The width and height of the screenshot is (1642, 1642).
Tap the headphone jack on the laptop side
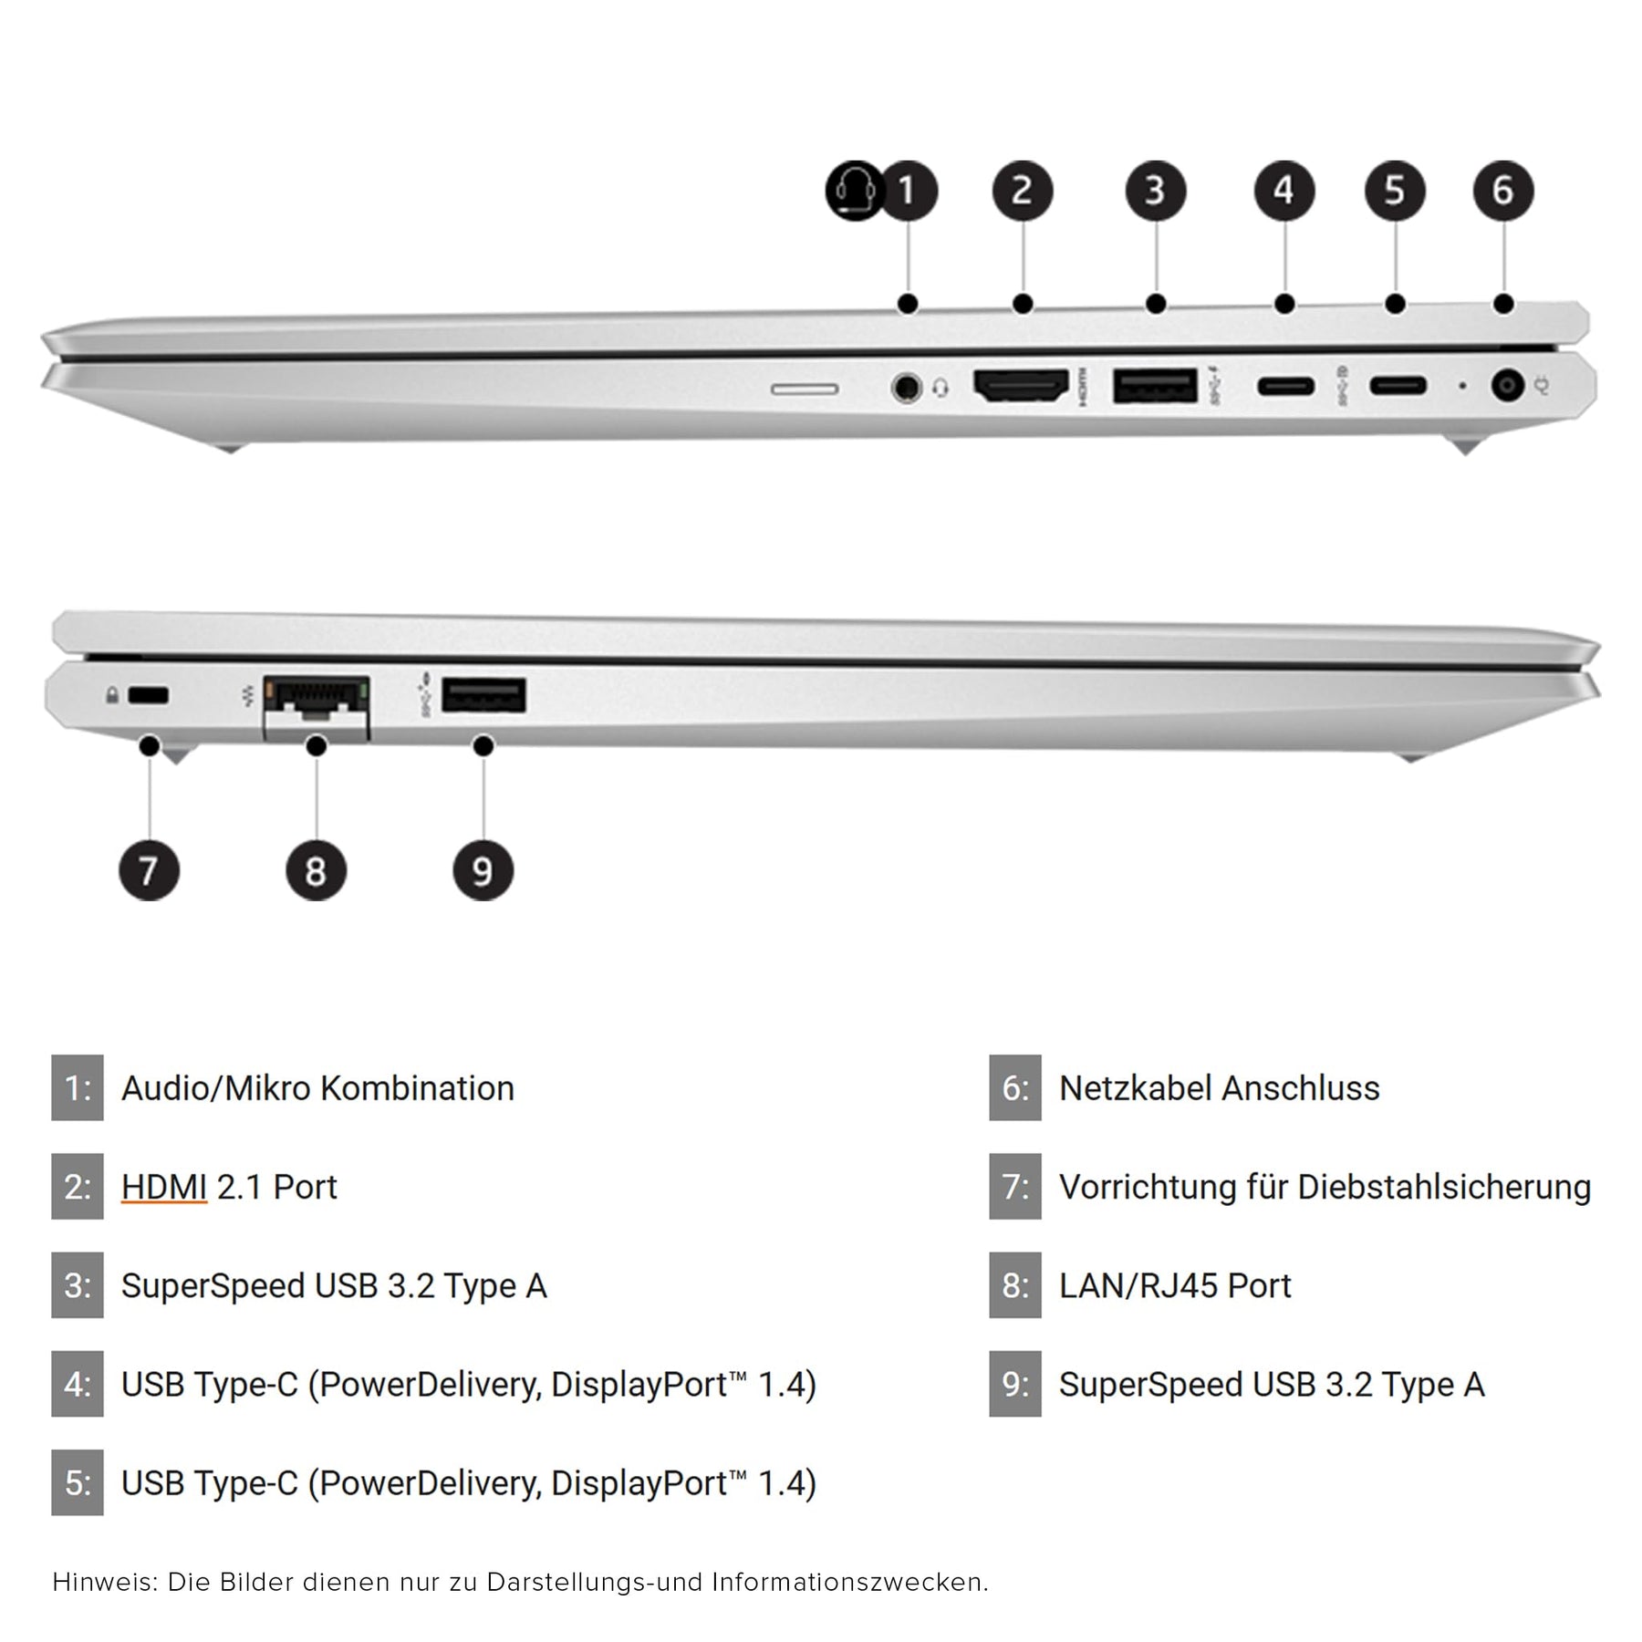pyautogui.click(x=905, y=387)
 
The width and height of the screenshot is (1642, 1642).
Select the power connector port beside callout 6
pyautogui.click(x=1507, y=386)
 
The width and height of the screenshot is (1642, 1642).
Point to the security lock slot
pyautogui.click(x=149, y=696)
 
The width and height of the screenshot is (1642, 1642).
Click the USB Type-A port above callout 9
pyautogui.click(x=483, y=695)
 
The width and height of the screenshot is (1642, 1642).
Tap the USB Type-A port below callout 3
pyautogui.click(x=1155, y=385)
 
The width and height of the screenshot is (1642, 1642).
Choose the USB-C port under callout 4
pyautogui.click(x=1285, y=386)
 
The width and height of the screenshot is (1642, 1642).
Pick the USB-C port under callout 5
pyautogui.click(x=1397, y=386)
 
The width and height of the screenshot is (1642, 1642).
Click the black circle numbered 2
pyautogui.click(x=1023, y=191)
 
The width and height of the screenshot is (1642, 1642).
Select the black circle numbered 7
pyautogui.click(x=149, y=870)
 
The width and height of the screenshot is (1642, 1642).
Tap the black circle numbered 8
pyautogui.click(x=316, y=870)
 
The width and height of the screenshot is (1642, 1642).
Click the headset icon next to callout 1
pyautogui.click(x=855, y=191)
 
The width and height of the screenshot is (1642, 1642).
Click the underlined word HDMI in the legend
pyautogui.click(x=164, y=1187)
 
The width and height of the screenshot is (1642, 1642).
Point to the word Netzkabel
pyautogui.click(x=1135, y=1088)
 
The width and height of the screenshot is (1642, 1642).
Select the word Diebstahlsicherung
pyautogui.click(x=1444, y=1187)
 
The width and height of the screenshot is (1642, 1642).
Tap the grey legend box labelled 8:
pyautogui.click(x=1014, y=1285)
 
